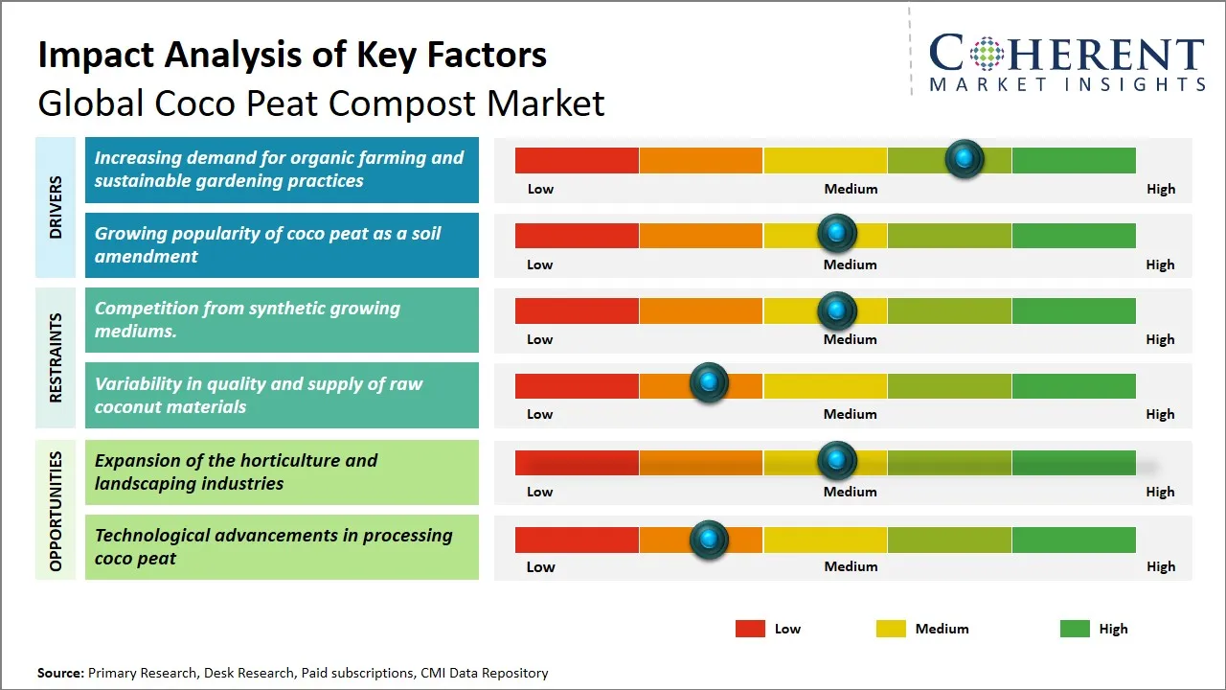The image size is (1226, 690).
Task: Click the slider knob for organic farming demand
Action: point(965,158)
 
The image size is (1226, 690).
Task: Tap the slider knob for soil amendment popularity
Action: point(837,233)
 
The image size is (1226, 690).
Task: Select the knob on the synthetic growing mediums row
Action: point(837,310)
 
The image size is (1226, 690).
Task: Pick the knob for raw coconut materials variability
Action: point(709,383)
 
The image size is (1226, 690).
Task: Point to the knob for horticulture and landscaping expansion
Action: point(837,461)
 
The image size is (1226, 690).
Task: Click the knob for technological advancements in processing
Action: point(709,540)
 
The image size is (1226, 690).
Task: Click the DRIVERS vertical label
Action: point(56,208)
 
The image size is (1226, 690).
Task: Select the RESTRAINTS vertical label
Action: point(56,357)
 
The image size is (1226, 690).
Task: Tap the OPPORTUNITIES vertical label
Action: point(56,511)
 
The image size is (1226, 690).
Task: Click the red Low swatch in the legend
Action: point(750,629)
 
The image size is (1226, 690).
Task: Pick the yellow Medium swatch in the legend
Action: point(891,629)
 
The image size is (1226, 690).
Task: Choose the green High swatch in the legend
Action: point(1075,629)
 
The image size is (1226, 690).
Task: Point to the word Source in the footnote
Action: point(60,673)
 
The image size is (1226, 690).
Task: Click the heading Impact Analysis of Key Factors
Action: point(292,56)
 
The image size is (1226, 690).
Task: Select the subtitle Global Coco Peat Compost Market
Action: point(321,103)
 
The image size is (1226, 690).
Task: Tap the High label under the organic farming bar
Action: point(1160,189)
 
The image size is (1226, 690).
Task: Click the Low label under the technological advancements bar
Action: point(540,566)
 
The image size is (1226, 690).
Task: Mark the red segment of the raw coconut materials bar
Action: point(577,385)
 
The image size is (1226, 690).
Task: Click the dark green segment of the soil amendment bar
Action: point(1073,235)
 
